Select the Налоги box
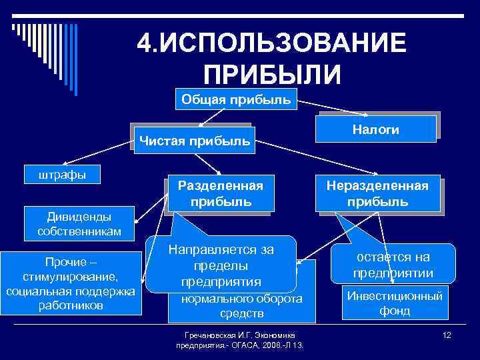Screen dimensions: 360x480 point(377,129)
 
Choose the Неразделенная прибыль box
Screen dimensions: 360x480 point(377,193)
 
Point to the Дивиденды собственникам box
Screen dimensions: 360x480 point(79,223)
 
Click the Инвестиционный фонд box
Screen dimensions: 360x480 point(395,303)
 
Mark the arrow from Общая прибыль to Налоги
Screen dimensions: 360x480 point(327,109)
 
